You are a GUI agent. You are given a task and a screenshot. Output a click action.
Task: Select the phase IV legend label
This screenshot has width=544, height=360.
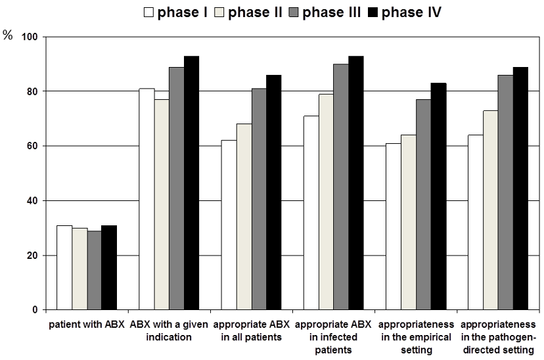pos(411,12)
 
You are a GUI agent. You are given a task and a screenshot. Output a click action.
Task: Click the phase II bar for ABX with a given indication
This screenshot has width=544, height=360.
pos(162,204)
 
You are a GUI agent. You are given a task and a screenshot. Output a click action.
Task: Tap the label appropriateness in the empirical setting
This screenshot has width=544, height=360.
pos(416,337)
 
